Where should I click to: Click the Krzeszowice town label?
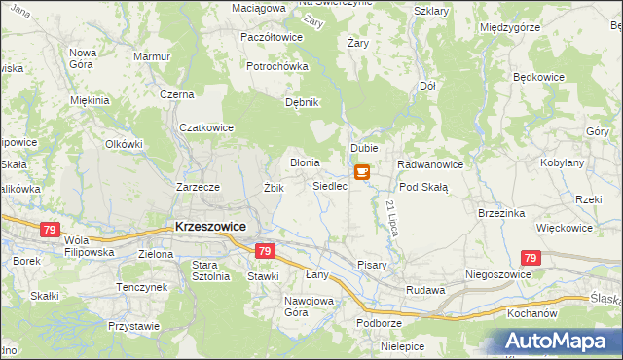(x=209, y=226)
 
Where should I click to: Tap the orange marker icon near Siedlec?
(x=361, y=173)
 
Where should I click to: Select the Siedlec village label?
(x=330, y=186)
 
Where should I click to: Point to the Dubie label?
(x=364, y=148)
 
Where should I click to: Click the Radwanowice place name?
(x=429, y=164)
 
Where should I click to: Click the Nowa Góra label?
(x=83, y=58)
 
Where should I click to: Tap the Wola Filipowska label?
(x=89, y=245)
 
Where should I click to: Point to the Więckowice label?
(x=565, y=228)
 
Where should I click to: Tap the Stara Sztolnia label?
(x=210, y=270)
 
